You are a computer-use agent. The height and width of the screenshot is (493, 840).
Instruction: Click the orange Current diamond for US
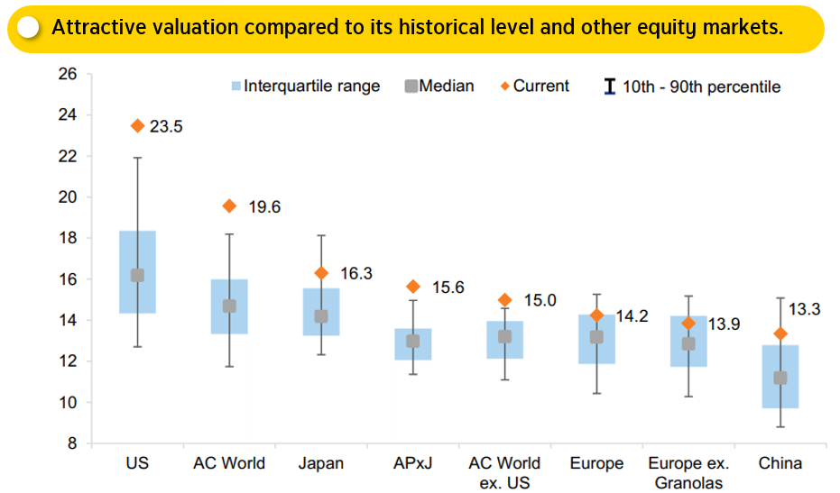pos(137,126)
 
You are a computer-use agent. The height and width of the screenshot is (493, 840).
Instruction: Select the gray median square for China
pos(780,378)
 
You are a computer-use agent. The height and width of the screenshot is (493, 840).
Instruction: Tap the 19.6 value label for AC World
pos(263,207)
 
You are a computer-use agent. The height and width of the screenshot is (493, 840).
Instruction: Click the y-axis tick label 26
pos(68,75)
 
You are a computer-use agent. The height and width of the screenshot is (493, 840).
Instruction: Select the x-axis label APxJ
pos(412,463)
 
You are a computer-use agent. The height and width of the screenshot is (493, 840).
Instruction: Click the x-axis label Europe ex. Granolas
pos(688,472)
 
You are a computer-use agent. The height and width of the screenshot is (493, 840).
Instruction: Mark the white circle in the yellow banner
pos(29,28)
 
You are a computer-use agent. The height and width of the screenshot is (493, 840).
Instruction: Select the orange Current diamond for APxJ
pos(412,287)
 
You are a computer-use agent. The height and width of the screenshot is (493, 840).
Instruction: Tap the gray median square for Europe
pos(596,337)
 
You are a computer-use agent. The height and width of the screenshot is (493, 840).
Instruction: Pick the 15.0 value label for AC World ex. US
pos(540,301)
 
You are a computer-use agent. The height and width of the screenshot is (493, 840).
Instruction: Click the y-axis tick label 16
pos(68,279)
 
